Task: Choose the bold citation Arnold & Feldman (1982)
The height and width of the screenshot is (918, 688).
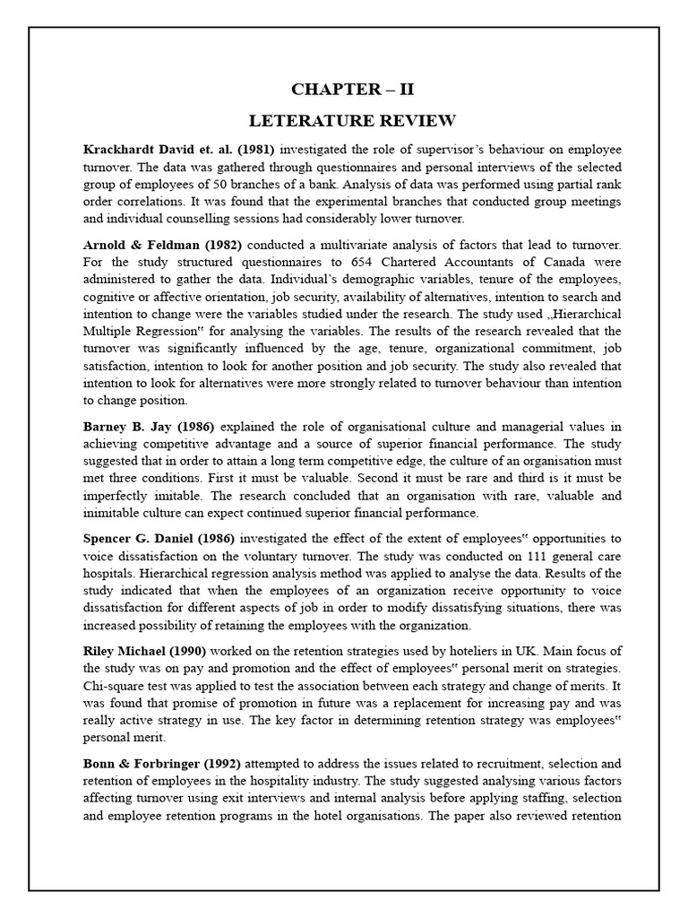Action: tap(163, 246)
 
